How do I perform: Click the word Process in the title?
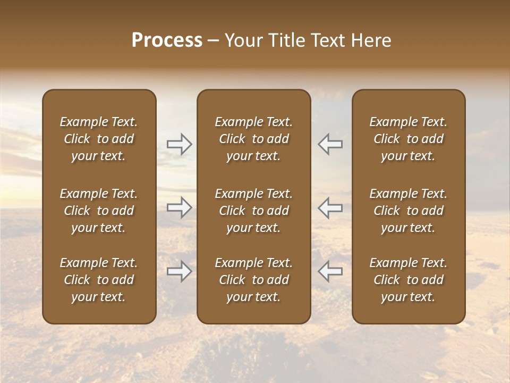[167, 40]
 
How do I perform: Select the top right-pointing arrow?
[179, 144]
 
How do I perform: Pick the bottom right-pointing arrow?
[179, 271]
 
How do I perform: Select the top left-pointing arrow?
[330, 144]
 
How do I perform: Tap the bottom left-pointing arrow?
[330, 271]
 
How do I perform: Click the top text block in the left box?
[99, 139]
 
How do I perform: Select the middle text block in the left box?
[99, 211]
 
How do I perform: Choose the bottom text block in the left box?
[99, 280]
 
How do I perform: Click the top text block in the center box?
[254, 139]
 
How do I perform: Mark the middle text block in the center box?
[254, 211]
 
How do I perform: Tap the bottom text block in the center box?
[254, 280]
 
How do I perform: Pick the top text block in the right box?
[409, 139]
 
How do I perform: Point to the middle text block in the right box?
[409, 211]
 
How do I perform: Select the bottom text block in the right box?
[409, 280]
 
